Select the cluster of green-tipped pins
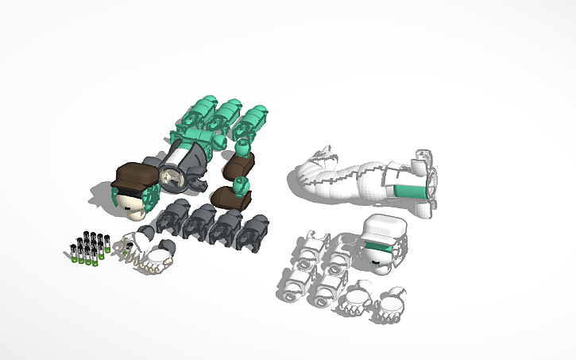click(89, 247)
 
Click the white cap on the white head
click(385, 228)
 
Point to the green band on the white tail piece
click(413, 192)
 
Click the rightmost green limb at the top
click(252, 122)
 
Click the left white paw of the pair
click(354, 300)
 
